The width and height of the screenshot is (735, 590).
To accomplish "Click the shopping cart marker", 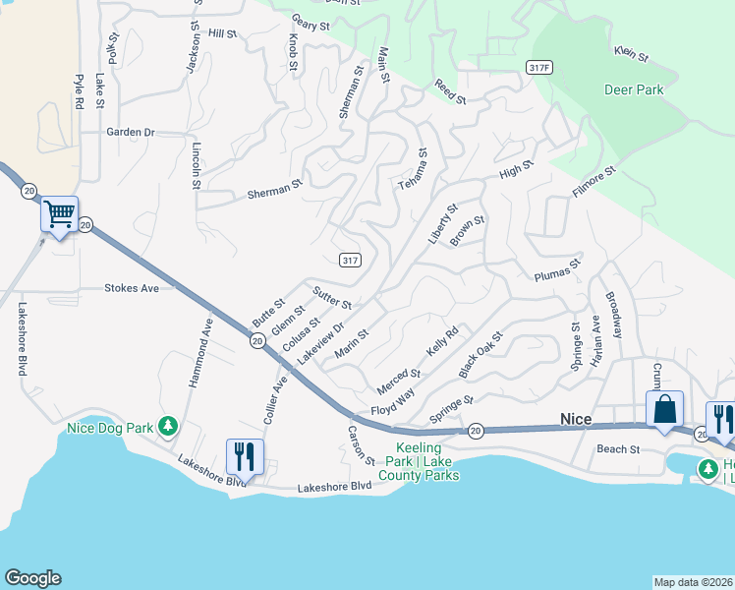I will pyautogui.click(x=59, y=213).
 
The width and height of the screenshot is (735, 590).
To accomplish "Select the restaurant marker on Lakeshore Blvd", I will pyautogui.click(x=245, y=456).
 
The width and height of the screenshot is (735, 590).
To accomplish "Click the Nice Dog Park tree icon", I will pyautogui.click(x=168, y=425).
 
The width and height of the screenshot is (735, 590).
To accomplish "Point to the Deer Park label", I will pyautogui.click(x=634, y=89).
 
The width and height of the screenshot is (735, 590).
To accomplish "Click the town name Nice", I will pyautogui.click(x=576, y=419).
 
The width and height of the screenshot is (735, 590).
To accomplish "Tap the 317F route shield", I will pyautogui.click(x=538, y=68).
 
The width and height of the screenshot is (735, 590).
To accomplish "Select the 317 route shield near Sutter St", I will pyautogui.click(x=351, y=260).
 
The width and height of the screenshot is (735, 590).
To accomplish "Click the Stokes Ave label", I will pyautogui.click(x=132, y=288).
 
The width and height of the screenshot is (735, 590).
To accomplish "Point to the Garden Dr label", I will pyautogui.click(x=132, y=132).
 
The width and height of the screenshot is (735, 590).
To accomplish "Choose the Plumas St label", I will pyautogui.click(x=557, y=270).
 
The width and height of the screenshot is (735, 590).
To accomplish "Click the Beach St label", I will pyautogui.click(x=618, y=449).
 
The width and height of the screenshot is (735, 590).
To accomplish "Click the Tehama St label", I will pyautogui.click(x=414, y=169).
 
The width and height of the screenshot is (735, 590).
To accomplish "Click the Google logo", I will pyautogui.click(x=32, y=578).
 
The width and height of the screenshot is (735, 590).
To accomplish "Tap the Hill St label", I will pyautogui.click(x=223, y=33).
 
